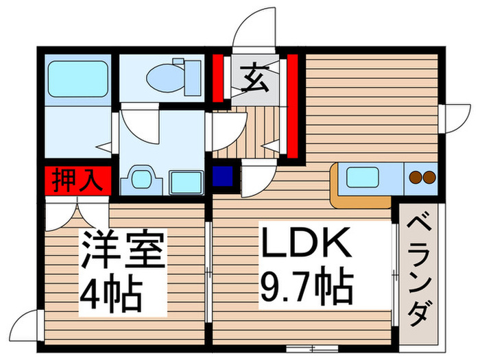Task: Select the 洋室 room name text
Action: click(x=124, y=252)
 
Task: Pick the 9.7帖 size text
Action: click(x=306, y=289)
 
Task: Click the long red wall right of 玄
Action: click(x=291, y=106)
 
